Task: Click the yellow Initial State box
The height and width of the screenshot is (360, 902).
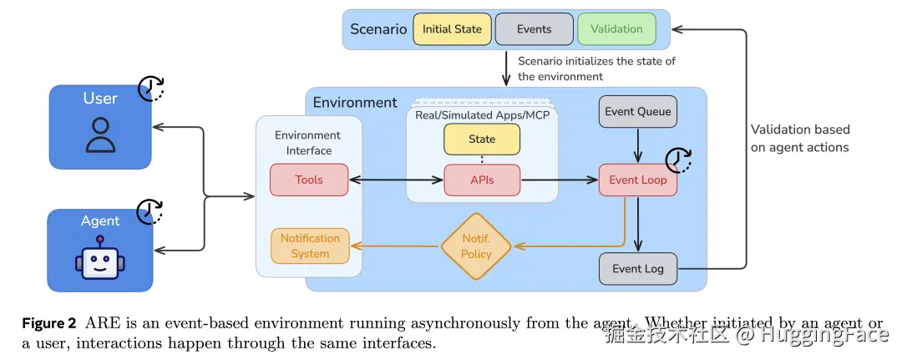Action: pyautogui.click(x=452, y=29)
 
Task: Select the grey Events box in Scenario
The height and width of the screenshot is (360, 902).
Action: pyautogui.click(x=534, y=29)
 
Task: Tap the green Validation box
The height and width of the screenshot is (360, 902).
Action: pyautogui.click(x=616, y=29)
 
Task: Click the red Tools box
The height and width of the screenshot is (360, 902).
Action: pyautogui.click(x=308, y=180)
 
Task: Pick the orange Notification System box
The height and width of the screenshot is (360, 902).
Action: pyautogui.click(x=310, y=246)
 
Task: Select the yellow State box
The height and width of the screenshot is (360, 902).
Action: pyautogui.click(x=482, y=139)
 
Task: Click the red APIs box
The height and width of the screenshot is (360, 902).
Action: pyautogui.click(x=482, y=180)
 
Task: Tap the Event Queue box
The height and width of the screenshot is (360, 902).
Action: pyautogui.click(x=637, y=111)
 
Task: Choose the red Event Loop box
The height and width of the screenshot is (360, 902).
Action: pyautogui.click(x=637, y=180)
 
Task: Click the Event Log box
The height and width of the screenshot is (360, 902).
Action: pyautogui.click(x=637, y=269)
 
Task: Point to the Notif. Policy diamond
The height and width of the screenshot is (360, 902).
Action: pyautogui.click(x=476, y=246)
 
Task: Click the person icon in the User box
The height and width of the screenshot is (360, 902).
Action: pyautogui.click(x=100, y=136)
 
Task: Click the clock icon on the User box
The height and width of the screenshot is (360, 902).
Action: pyautogui.click(x=151, y=88)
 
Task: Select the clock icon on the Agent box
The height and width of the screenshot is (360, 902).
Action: pyautogui.click(x=150, y=211)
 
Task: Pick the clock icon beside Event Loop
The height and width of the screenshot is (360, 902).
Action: pyautogui.click(x=679, y=160)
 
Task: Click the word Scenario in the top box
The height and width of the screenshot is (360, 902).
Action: pyautogui.click(x=378, y=29)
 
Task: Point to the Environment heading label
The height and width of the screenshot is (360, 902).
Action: pyautogui.click(x=355, y=103)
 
